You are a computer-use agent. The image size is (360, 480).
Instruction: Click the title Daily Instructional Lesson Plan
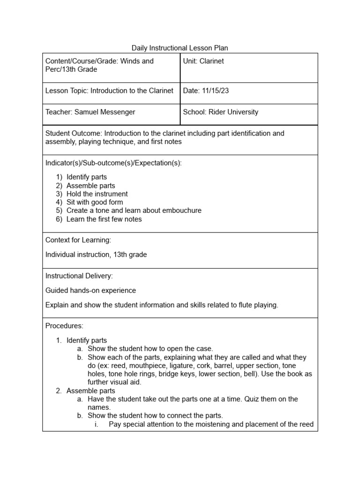pos(180,48)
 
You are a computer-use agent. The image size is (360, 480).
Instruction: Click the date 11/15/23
pos(215,91)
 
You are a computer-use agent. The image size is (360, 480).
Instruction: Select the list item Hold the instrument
pos(97,194)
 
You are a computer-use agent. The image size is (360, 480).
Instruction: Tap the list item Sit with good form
pos(95,202)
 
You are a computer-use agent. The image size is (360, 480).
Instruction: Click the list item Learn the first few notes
pos(104,219)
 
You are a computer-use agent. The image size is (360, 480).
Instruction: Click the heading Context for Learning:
pos(78,240)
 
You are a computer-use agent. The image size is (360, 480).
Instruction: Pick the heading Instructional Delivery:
pos(79,276)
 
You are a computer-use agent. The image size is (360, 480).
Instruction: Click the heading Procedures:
pos(64,325)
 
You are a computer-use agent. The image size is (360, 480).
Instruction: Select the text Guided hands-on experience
pos(90,291)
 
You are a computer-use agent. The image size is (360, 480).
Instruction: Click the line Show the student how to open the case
pos(150,348)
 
